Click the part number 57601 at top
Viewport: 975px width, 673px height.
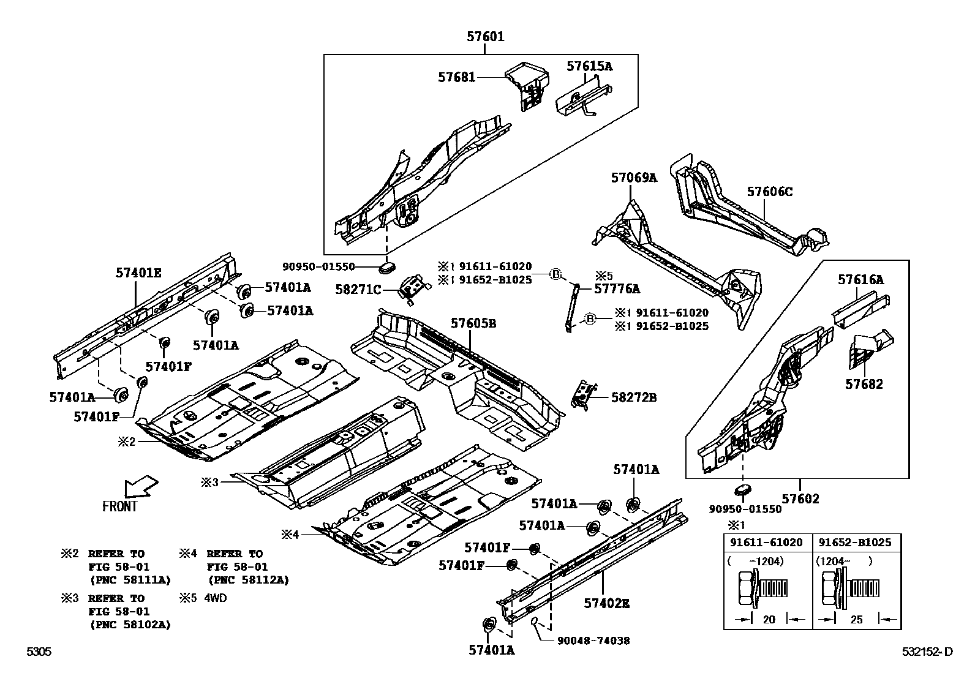pyautogui.click(x=485, y=37)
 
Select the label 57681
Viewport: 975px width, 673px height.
pyautogui.click(x=456, y=77)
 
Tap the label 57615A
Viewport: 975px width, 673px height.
pyautogui.click(x=589, y=66)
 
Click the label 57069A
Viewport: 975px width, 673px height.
pyautogui.click(x=633, y=178)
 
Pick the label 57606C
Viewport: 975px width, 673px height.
pyautogui.click(x=769, y=192)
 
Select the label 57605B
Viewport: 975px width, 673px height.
pyautogui.click(x=473, y=323)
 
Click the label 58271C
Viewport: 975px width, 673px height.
pyautogui.click(x=358, y=289)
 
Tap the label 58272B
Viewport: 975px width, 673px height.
pyautogui.click(x=634, y=397)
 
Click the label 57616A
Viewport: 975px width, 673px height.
pyautogui.click(x=860, y=280)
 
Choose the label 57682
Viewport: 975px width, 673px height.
pyautogui.click(x=864, y=384)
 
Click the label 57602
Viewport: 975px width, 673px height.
pyautogui.click(x=800, y=499)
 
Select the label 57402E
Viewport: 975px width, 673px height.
pyautogui.click(x=606, y=603)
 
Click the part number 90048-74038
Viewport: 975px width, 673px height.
pyautogui.click(x=593, y=641)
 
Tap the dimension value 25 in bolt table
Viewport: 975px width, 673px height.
pyautogui.click(x=856, y=619)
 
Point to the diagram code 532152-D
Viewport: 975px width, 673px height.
pyautogui.click(x=927, y=652)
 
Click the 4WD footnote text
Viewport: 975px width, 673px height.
pyautogui.click(x=214, y=598)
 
